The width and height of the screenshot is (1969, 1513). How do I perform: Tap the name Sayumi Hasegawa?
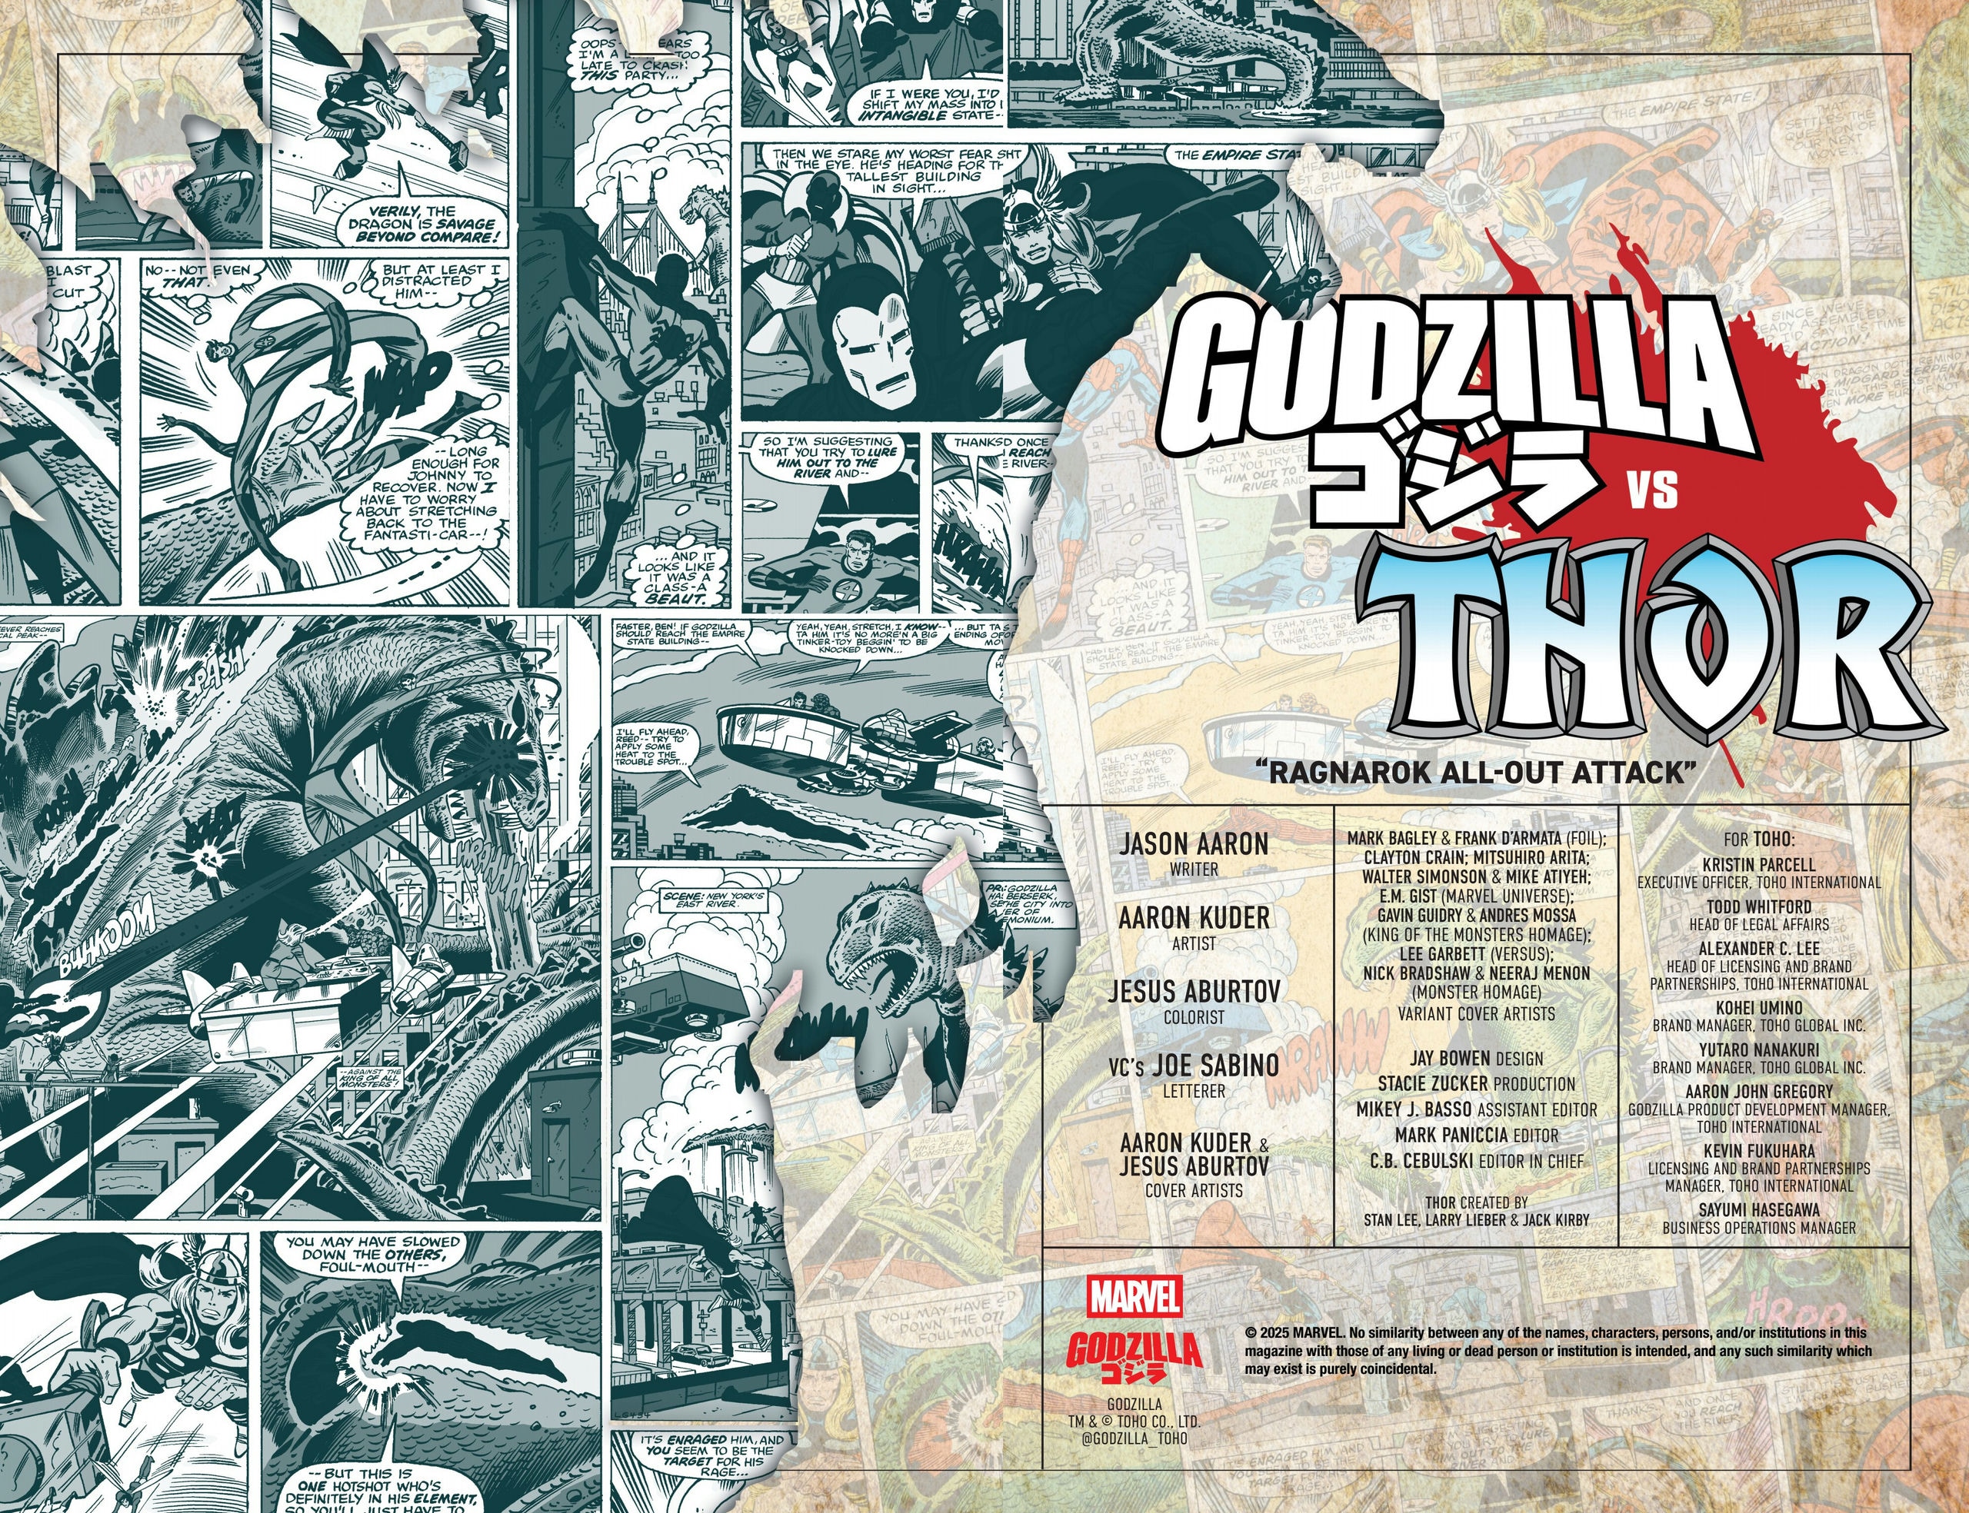(x=1758, y=1209)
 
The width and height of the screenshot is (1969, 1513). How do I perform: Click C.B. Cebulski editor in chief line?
(x=1475, y=1161)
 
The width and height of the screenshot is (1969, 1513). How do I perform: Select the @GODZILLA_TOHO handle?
(x=1133, y=1464)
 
